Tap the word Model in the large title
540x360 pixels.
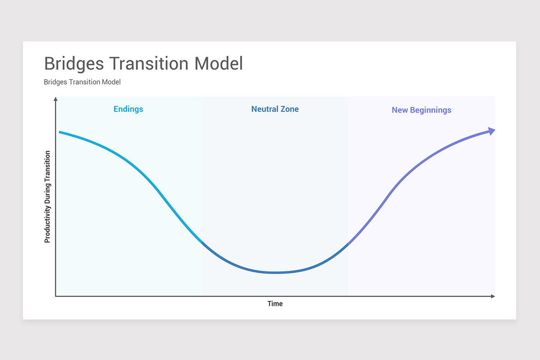(x=219, y=63)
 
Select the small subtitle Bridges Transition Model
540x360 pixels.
(x=82, y=82)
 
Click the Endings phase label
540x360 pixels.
(x=128, y=109)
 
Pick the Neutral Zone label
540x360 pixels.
(x=275, y=109)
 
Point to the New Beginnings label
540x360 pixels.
(x=421, y=110)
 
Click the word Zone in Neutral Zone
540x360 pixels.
(x=289, y=109)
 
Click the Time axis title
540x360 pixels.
(x=275, y=304)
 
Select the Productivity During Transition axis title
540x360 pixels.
(x=47, y=197)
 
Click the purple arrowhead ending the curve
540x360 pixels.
(x=491, y=131)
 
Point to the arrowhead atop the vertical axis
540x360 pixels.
(x=55, y=99)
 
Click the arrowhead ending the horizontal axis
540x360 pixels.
(x=493, y=296)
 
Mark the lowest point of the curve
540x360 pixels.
(x=275, y=272)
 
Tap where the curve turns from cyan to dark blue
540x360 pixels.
(x=202, y=243)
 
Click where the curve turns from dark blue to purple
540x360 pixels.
(x=348, y=244)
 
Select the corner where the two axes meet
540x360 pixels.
(x=55, y=296)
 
